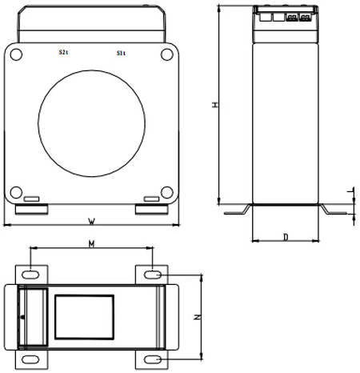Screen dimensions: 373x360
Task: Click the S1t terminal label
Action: point(120,53)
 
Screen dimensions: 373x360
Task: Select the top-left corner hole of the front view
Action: point(15,54)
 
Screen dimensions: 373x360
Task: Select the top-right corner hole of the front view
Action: point(166,54)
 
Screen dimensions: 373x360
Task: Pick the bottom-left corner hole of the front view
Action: point(15,191)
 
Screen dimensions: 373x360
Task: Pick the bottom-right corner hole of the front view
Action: point(166,191)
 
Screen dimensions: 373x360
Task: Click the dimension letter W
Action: point(92,220)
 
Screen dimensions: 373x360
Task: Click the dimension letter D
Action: point(286,237)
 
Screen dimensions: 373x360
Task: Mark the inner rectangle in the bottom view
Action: point(84,316)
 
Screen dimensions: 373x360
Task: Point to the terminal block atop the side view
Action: point(285,17)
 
